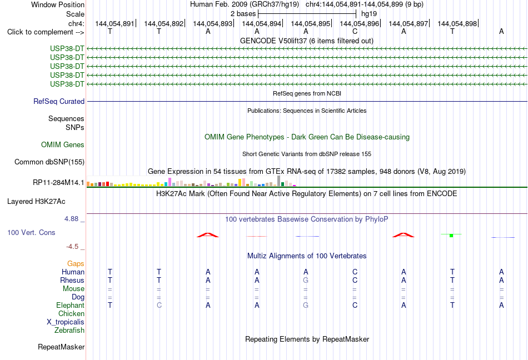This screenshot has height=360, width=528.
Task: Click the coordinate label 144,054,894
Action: [x=261, y=23]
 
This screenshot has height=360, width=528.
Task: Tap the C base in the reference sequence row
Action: [x=355, y=32]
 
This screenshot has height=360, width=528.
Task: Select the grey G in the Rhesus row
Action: [x=306, y=280]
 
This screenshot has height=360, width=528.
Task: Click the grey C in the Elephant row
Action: [x=159, y=305]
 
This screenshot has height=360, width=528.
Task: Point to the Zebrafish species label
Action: [x=69, y=331]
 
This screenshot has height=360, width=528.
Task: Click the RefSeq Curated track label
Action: [x=59, y=101]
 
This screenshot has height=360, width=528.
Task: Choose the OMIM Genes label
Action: [x=63, y=144]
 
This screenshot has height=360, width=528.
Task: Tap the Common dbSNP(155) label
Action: [x=49, y=162]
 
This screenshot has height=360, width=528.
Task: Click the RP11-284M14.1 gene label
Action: [x=58, y=182]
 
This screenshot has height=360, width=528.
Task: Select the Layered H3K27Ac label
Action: [x=36, y=202]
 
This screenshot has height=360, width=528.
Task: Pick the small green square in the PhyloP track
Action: [x=451, y=236]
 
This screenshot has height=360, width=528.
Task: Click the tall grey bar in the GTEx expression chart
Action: [x=278, y=181]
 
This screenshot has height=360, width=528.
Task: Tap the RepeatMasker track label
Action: [x=61, y=347]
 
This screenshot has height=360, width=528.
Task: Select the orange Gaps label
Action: [x=76, y=263]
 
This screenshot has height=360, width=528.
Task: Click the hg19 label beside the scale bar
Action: [x=369, y=14]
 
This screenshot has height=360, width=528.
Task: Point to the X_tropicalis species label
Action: [x=66, y=322]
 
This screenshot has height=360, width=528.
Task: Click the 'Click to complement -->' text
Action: [x=46, y=32]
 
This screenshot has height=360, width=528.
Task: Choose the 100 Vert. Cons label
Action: [x=31, y=232]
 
